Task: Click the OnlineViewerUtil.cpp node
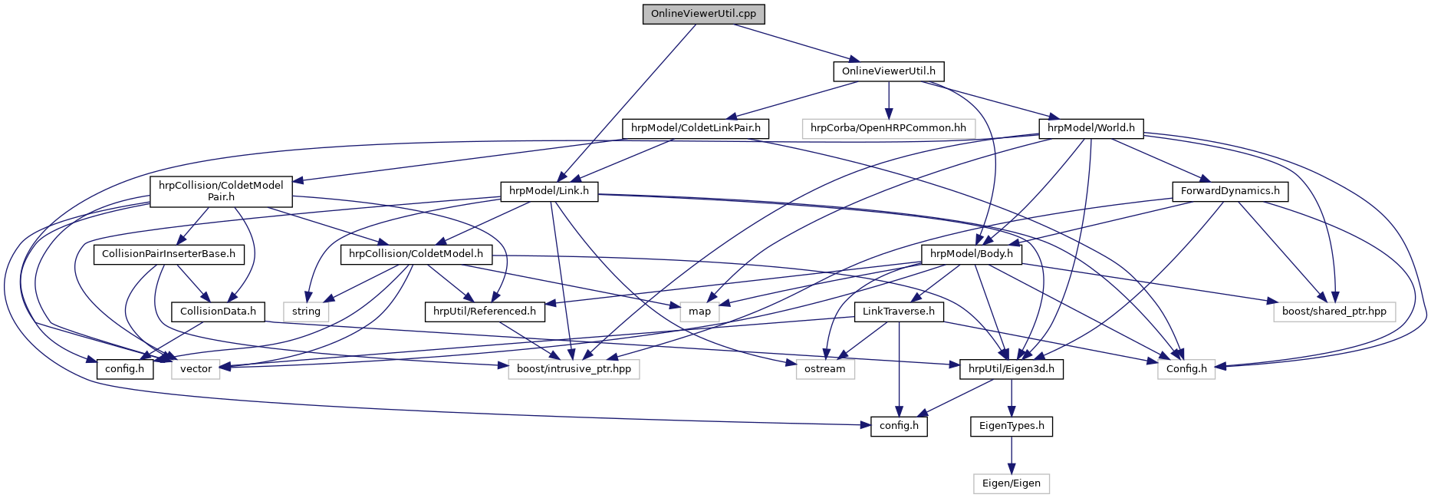(703, 14)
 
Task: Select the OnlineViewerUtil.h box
(888, 71)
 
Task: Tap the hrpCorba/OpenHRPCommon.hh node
(888, 128)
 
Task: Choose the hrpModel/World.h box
(1091, 128)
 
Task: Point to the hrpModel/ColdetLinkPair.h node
(696, 128)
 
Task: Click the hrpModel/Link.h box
(549, 191)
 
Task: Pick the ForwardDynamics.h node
(1230, 191)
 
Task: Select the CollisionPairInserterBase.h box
(169, 254)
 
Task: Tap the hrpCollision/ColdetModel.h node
(416, 254)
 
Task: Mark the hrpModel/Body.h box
(971, 254)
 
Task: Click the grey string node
(306, 312)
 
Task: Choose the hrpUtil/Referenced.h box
(485, 312)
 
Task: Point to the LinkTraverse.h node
(898, 312)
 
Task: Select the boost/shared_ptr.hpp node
(1334, 312)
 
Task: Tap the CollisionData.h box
(218, 312)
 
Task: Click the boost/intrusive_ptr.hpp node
(574, 369)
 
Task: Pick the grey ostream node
(824, 369)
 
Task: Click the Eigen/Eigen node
(1011, 483)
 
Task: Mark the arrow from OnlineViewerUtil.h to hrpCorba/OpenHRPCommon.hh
(888, 100)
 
